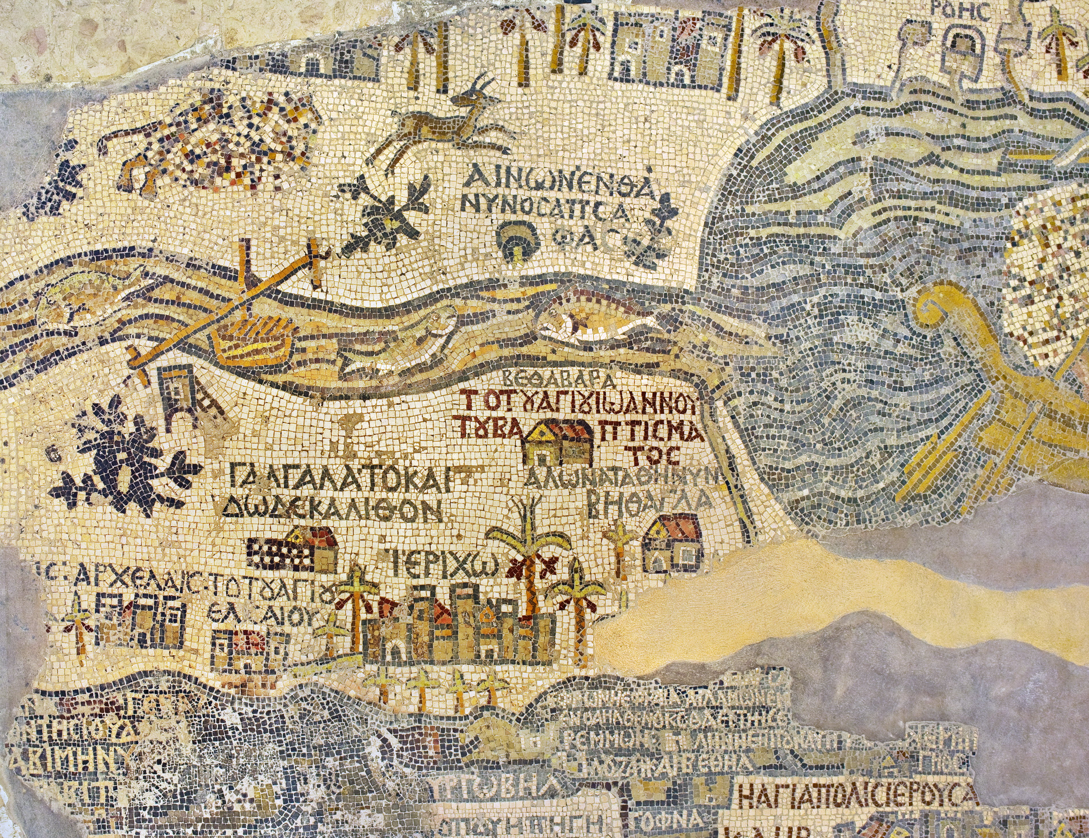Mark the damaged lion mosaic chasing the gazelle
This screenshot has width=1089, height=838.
209,145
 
